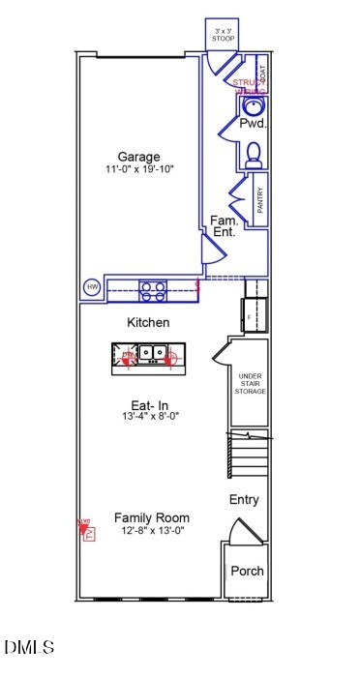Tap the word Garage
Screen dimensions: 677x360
[x=139, y=158]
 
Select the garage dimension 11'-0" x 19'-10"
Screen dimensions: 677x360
[x=139, y=170]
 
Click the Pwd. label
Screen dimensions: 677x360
[x=253, y=124]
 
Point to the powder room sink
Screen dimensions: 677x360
[x=254, y=105]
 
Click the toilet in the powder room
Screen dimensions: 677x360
[x=254, y=155]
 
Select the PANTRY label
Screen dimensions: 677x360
[x=260, y=204]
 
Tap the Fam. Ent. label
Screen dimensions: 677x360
[x=224, y=226]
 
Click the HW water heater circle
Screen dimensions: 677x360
[x=93, y=287]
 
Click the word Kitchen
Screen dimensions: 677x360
[x=149, y=322]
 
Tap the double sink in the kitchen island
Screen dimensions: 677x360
[x=150, y=353]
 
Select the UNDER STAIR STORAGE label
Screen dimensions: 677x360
[x=251, y=383]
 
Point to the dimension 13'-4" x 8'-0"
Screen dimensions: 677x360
[x=150, y=417]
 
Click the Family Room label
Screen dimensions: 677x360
[x=151, y=517]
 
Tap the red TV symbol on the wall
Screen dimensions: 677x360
[x=86, y=529]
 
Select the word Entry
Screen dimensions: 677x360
[x=244, y=500]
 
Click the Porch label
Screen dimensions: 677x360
[x=247, y=571]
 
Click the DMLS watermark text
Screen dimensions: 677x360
[x=29, y=647]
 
